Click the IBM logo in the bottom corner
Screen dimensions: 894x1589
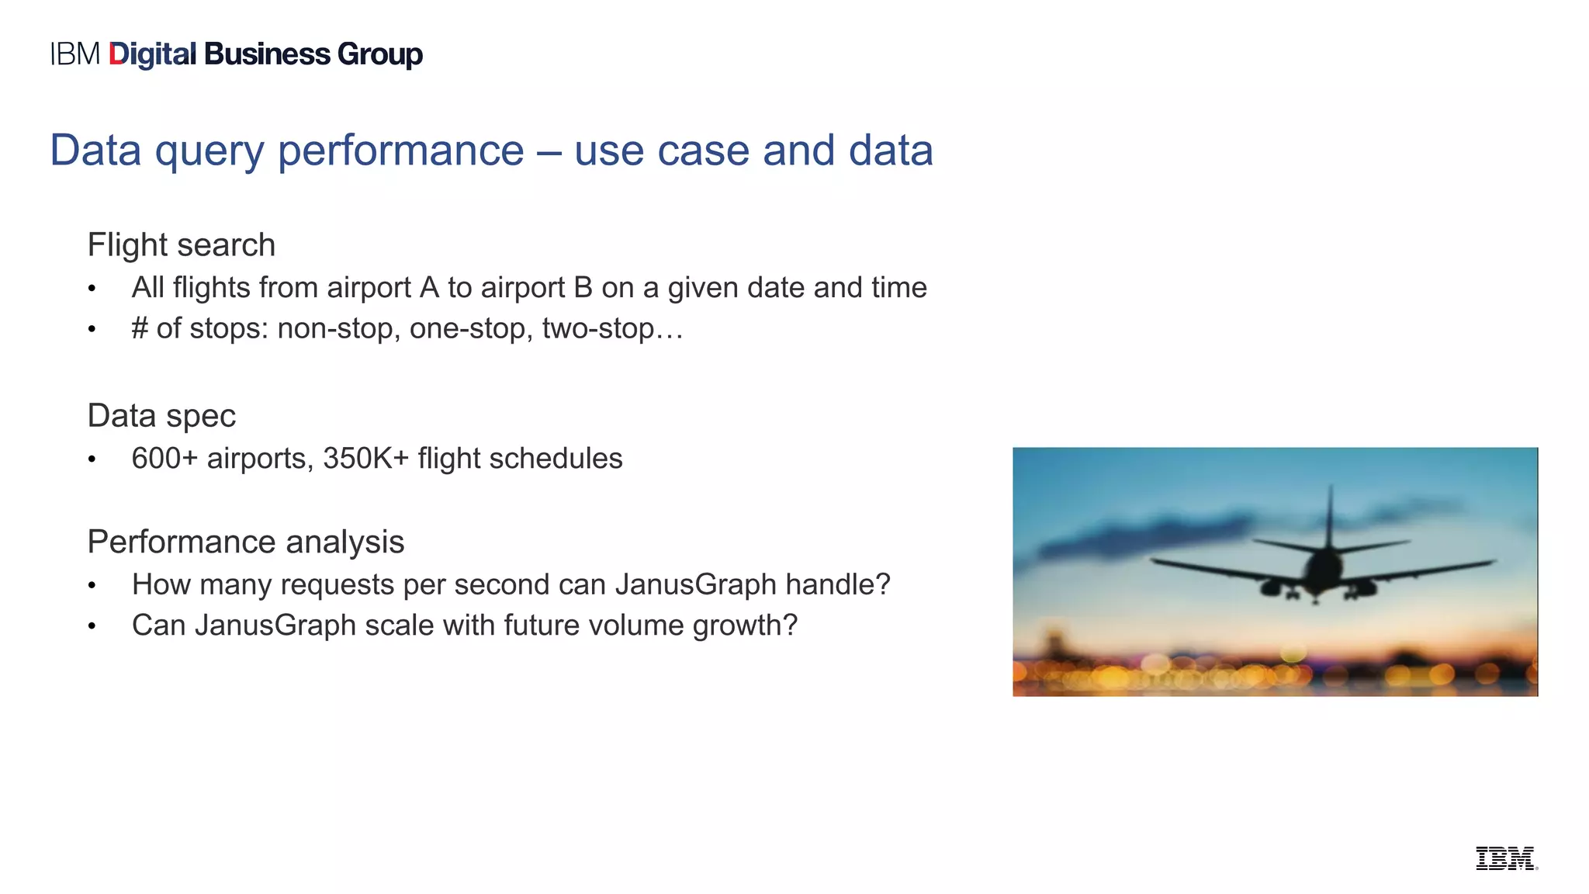1505,858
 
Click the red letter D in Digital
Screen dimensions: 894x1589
117,54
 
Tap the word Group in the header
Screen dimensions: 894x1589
380,55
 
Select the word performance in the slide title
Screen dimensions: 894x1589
401,151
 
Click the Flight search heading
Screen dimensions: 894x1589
182,245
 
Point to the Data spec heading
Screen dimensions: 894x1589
161,416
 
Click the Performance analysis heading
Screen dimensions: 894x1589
245,542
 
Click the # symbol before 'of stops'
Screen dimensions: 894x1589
140,329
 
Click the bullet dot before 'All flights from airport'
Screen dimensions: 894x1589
92,289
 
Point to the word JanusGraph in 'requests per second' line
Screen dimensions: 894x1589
695,584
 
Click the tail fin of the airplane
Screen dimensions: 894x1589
1331,516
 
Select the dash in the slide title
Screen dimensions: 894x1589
549,151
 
